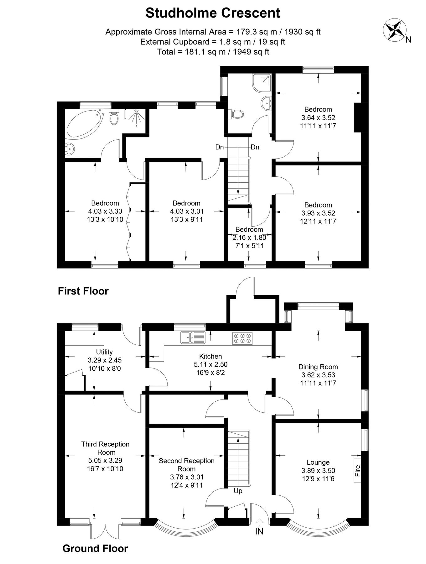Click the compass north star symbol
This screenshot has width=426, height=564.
pyautogui.click(x=393, y=29)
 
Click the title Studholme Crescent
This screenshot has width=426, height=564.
pyautogui.click(x=213, y=13)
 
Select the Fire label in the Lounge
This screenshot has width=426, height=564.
pyautogui.click(x=358, y=471)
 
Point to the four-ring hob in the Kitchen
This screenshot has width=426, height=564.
pyautogui.click(x=242, y=338)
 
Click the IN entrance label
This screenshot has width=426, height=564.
pyautogui.click(x=259, y=531)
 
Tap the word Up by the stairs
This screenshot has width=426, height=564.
pyautogui.click(x=238, y=491)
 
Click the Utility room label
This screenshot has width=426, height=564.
pyautogui.click(x=104, y=352)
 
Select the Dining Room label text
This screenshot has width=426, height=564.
pyautogui.click(x=318, y=367)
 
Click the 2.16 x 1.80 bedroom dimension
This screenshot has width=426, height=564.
pyautogui.click(x=249, y=238)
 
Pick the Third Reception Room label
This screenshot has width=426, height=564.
pyautogui.click(x=105, y=448)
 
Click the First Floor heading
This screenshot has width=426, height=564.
pyautogui.click(x=83, y=291)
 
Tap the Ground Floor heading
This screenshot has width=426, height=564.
pyautogui.click(x=95, y=549)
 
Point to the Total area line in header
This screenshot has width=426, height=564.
pyautogui.click(x=213, y=52)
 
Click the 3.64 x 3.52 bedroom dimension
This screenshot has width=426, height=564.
pyautogui.click(x=318, y=118)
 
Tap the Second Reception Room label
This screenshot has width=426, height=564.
pyautogui.click(x=186, y=465)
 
